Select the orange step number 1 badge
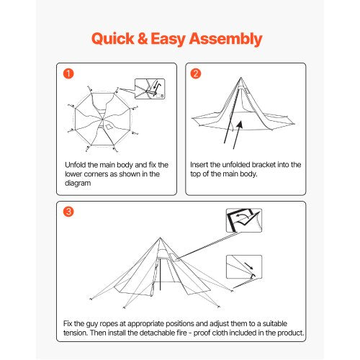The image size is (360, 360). pyautogui.click(x=68, y=74)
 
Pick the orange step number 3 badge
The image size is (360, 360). pyautogui.click(x=68, y=212)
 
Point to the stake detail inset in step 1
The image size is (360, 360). pyautogui.click(x=149, y=89)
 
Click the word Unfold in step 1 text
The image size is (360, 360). pyautogui.click(x=76, y=165)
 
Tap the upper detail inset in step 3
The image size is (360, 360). pyautogui.click(x=243, y=220)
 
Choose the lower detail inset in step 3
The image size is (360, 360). pyautogui.click(x=243, y=267)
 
